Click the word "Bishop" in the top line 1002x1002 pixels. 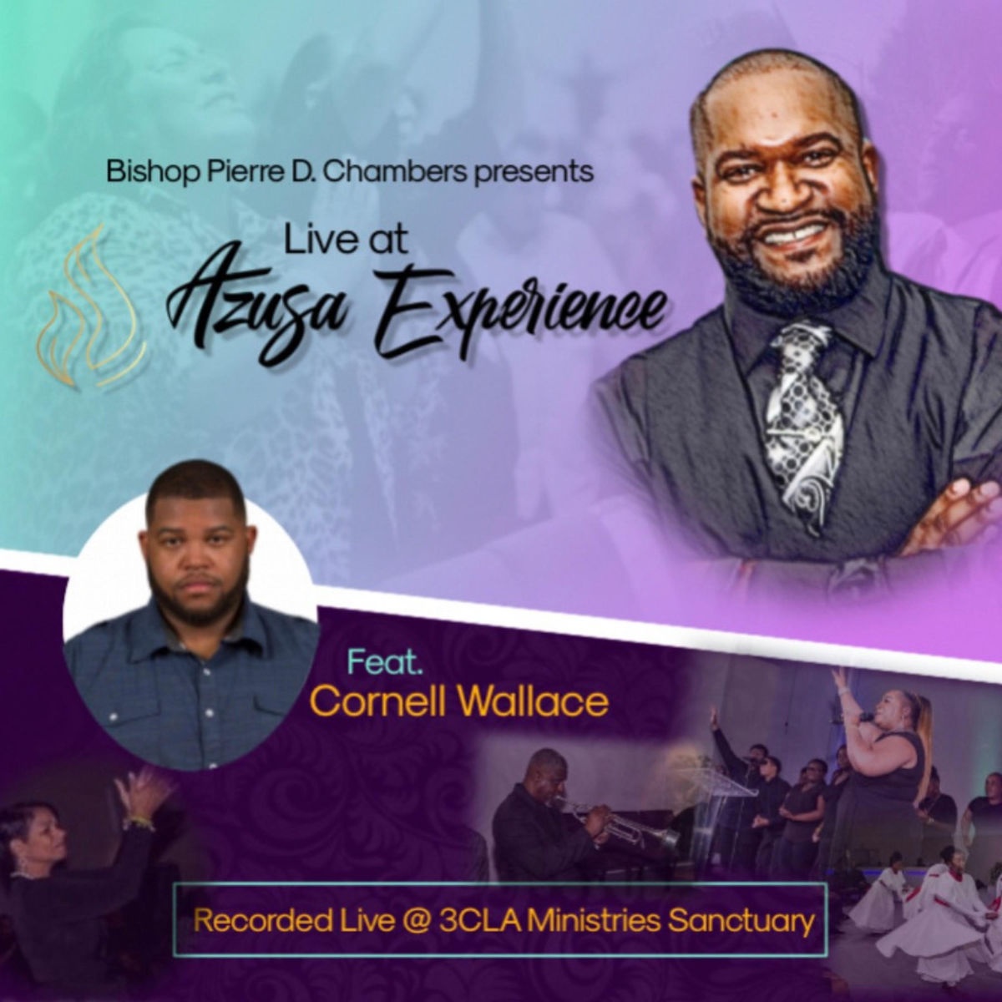point(152,173)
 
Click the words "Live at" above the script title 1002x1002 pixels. point(345,242)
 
